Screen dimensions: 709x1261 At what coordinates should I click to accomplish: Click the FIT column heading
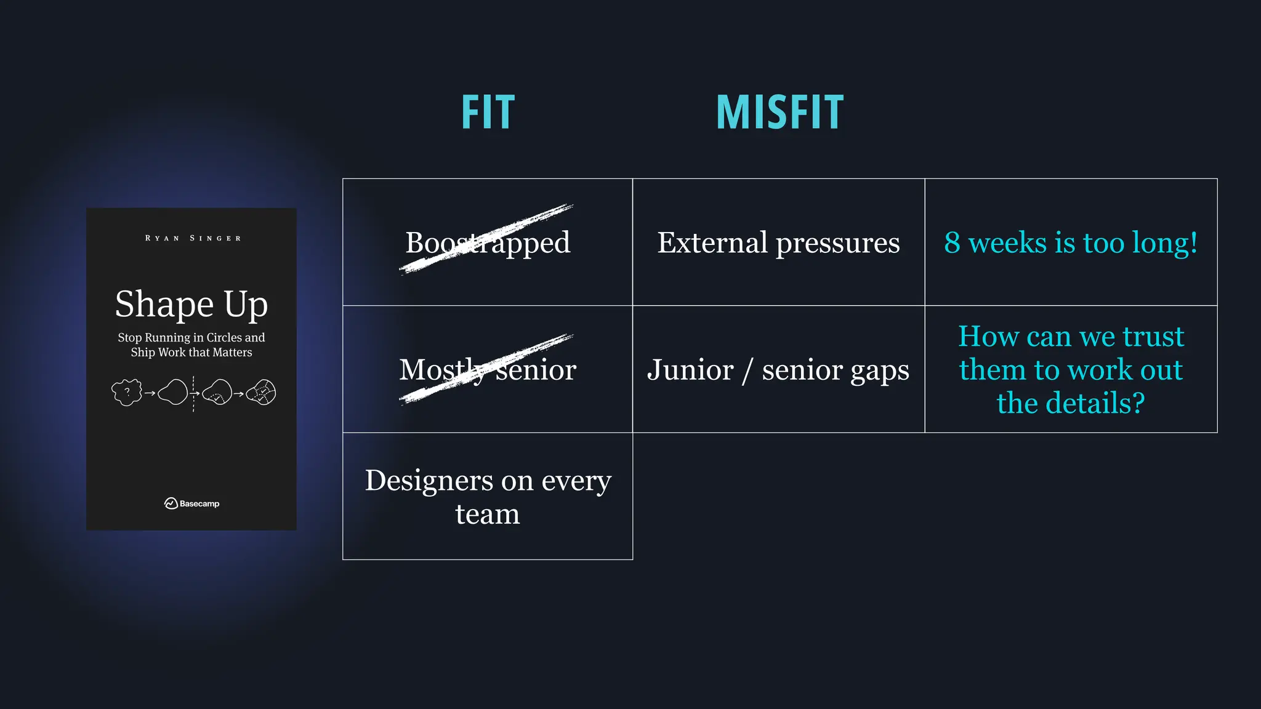point(488,113)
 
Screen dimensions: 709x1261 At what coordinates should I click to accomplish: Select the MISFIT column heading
point(780,113)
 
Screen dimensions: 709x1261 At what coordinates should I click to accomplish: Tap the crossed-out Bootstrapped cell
point(488,242)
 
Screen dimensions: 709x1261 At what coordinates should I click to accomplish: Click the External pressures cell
point(778,242)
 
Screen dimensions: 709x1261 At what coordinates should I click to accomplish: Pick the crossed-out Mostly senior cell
point(488,369)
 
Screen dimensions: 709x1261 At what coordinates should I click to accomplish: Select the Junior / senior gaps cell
point(778,370)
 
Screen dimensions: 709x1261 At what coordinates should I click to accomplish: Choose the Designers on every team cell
point(488,496)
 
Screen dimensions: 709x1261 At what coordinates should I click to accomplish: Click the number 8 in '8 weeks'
point(952,242)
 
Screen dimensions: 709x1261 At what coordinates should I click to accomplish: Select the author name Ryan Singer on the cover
point(193,238)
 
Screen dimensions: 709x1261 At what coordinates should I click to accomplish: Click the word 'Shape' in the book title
point(164,304)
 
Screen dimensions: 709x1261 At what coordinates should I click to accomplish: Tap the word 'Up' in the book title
point(246,305)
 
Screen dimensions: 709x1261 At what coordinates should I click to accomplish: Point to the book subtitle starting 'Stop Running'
point(191,345)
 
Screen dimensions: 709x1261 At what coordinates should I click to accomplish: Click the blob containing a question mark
point(127,392)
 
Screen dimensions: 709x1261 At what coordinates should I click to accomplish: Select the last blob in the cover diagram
point(262,392)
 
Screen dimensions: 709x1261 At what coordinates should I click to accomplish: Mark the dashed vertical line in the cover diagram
point(193,394)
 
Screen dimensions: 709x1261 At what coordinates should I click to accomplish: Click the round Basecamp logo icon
point(171,503)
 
